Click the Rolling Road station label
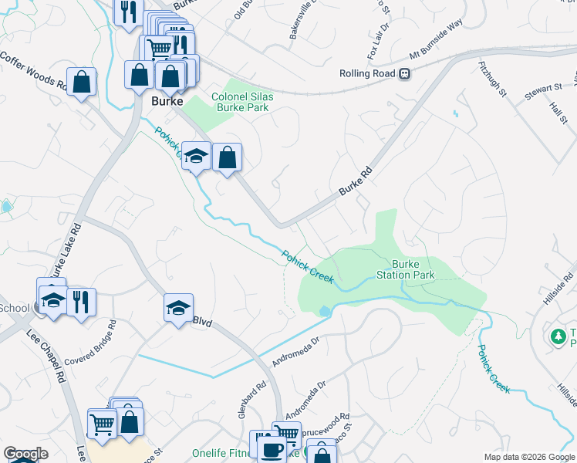[x=366, y=74]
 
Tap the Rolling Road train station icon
[x=403, y=74]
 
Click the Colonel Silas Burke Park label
[x=241, y=102]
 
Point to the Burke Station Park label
[x=405, y=269]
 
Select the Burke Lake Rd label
[x=66, y=255]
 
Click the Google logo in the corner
[x=25, y=454]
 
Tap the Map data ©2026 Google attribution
[x=528, y=457]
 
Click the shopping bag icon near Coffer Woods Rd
[x=81, y=82]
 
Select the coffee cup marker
[x=270, y=449]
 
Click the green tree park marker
[x=558, y=336]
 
